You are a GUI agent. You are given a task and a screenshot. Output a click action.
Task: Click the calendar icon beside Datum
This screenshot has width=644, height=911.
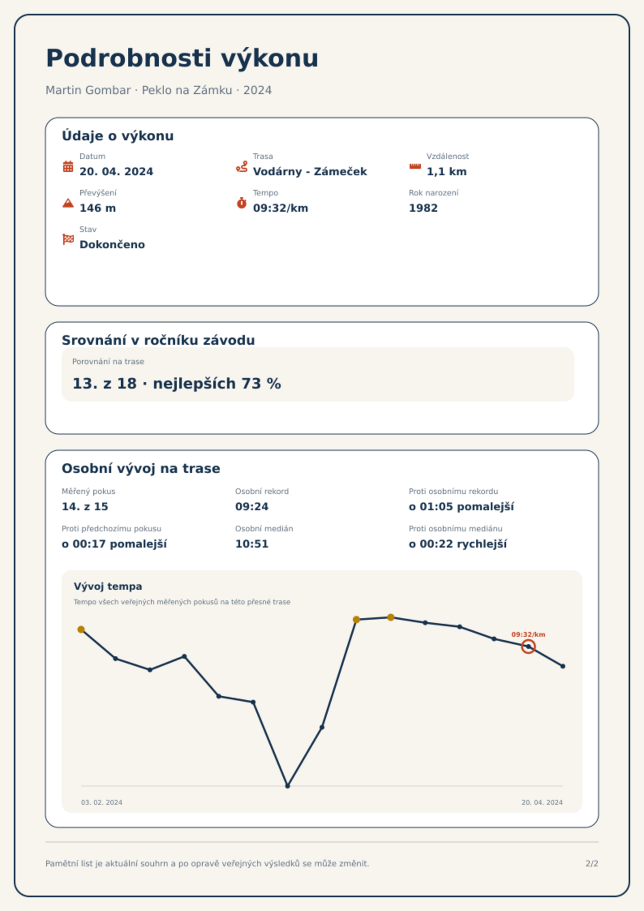pos(68,166)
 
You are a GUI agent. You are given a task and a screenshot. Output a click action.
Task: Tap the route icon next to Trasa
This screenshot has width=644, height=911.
pos(242,166)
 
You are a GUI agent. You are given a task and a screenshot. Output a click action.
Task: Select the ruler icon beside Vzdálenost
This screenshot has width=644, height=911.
pos(415,166)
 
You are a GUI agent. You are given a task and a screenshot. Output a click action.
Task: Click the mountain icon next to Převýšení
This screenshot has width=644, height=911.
pos(68,203)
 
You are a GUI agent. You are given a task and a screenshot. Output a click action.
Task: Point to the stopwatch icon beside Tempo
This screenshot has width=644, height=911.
pos(242,203)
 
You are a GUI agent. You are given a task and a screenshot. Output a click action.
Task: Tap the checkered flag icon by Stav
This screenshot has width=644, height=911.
pos(68,239)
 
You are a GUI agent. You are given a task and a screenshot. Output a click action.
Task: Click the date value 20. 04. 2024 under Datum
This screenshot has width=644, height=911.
pos(116,172)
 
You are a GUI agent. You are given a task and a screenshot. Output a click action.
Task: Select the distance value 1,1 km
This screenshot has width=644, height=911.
pos(447,172)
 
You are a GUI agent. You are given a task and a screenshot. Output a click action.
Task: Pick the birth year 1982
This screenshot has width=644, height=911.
pos(423,208)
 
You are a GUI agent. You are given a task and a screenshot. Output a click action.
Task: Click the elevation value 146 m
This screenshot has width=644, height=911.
pos(98,208)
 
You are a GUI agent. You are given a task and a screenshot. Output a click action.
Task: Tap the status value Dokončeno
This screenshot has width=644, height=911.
pos(112,245)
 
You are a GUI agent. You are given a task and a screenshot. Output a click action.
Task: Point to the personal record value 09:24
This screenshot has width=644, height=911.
pos(252,507)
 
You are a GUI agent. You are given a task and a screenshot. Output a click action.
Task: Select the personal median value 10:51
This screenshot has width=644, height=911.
pos(252,544)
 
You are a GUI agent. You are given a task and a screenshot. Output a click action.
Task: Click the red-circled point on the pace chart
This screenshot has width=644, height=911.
pos(528,647)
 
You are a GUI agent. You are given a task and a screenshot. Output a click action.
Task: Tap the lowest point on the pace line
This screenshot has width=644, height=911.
pos(288,786)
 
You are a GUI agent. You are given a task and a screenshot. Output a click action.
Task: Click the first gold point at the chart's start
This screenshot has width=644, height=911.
pos(81,630)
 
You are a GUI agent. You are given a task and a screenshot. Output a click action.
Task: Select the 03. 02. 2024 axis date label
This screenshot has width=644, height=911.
pos(101,802)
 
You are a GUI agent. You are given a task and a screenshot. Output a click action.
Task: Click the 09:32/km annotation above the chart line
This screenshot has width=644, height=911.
pos(528,634)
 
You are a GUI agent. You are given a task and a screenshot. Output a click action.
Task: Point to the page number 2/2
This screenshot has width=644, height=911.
pos(592,864)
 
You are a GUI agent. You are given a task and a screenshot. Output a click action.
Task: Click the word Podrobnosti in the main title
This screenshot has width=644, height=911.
pos(129,58)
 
